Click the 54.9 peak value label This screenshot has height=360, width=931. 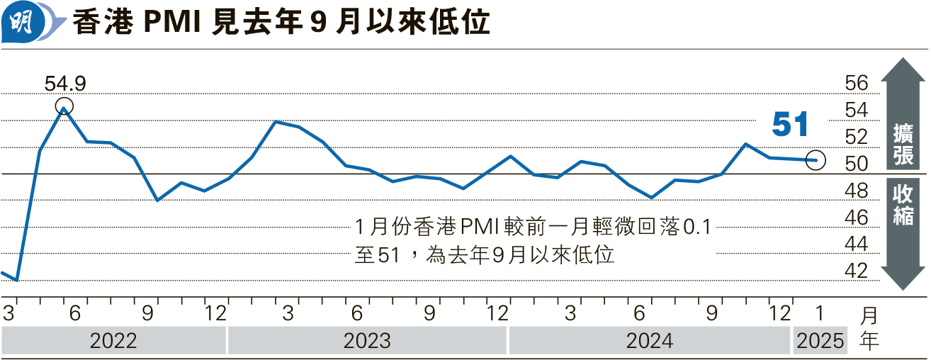64,84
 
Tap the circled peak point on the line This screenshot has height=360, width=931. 64,108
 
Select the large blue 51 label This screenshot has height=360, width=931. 790,125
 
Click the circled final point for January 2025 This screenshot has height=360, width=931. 816,160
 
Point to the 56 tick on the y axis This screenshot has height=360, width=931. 856,84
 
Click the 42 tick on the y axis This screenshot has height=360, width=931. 856,271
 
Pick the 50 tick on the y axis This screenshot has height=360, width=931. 856,164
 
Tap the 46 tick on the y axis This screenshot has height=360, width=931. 856,218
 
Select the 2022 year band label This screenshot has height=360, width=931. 113,341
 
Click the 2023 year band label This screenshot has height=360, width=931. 367,341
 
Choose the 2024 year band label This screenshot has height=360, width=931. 649,341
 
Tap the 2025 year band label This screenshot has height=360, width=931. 820,341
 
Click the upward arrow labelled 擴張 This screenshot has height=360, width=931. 902,113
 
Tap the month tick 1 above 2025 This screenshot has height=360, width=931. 820,313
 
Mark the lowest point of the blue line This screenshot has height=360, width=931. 16,281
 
